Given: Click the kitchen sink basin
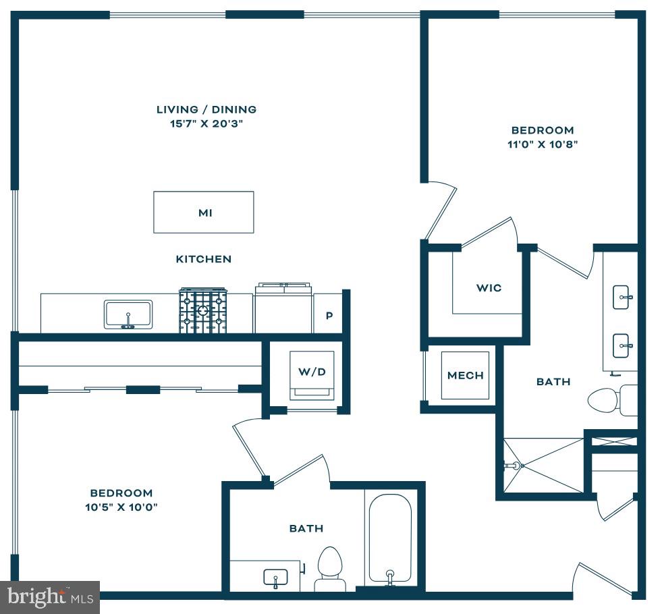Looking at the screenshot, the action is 128,314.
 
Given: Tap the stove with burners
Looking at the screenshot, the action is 203,310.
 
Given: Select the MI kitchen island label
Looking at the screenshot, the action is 205,213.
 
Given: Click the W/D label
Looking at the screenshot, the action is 312,372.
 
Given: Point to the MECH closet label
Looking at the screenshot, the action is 465,375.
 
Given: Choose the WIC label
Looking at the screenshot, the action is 489,288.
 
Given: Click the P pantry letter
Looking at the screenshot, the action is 329,315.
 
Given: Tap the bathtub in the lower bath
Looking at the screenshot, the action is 390,540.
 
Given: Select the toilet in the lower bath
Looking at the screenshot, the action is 330,569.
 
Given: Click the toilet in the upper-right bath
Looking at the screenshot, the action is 613,400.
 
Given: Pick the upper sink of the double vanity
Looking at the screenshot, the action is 622,297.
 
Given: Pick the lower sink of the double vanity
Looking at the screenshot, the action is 622,346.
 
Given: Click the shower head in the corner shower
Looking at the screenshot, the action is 514,466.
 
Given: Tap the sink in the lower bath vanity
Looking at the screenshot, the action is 275,578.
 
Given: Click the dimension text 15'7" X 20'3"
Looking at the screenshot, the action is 207,123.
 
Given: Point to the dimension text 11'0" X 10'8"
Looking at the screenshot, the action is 543,144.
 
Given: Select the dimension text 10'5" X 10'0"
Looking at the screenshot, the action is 121,507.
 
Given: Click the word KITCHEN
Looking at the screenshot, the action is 204,259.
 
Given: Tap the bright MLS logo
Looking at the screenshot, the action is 50,597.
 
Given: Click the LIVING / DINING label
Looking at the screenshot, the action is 207,109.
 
